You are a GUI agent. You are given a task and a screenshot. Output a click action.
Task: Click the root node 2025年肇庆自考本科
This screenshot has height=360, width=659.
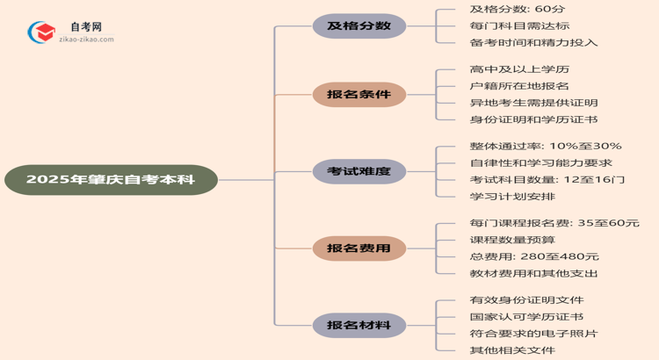(110, 180)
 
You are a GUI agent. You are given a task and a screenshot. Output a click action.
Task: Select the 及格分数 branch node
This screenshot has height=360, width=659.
(358, 25)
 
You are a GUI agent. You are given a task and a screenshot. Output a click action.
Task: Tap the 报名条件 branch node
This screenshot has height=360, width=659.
(358, 95)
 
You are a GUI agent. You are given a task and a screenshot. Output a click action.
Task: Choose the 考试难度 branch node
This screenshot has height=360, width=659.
(358, 171)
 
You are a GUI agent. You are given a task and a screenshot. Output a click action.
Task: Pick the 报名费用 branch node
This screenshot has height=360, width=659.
(358, 248)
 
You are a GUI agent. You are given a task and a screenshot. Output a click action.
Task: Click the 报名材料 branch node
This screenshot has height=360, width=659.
(358, 326)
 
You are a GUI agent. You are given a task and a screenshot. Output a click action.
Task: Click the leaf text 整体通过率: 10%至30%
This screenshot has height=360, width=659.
(546, 146)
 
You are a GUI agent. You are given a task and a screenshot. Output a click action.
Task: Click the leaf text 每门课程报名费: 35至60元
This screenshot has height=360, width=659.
(554, 223)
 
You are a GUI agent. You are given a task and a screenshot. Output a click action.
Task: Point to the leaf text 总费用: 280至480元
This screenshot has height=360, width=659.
(534, 256)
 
